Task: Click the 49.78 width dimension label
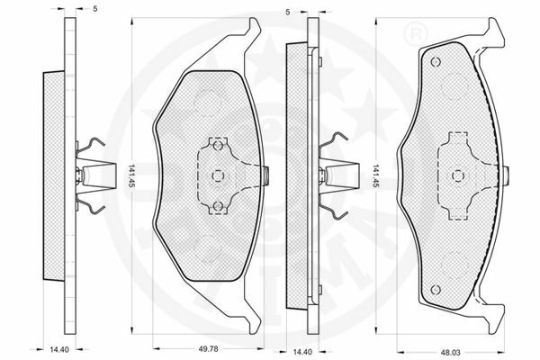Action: point(209,349)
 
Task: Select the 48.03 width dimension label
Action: point(450,353)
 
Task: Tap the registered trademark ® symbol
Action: point(415,33)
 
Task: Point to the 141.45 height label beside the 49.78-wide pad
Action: point(130,176)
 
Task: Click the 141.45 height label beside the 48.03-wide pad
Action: point(376,176)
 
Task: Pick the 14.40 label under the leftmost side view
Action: point(59,350)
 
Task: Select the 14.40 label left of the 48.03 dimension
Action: point(302,352)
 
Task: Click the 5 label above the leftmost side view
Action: point(95,9)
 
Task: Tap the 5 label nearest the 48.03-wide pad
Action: point(288,13)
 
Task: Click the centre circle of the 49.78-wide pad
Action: point(218,175)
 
